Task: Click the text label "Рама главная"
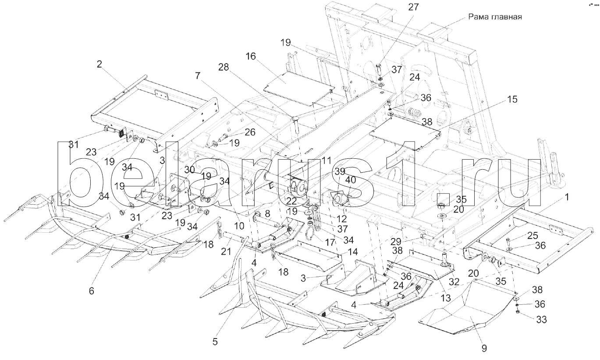pos(494,17)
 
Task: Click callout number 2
pos(99,64)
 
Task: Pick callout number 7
pos(198,75)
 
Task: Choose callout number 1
pos(567,197)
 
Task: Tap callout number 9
pos(484,349)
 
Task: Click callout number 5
pos(215,342)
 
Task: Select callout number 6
pos(91,290)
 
